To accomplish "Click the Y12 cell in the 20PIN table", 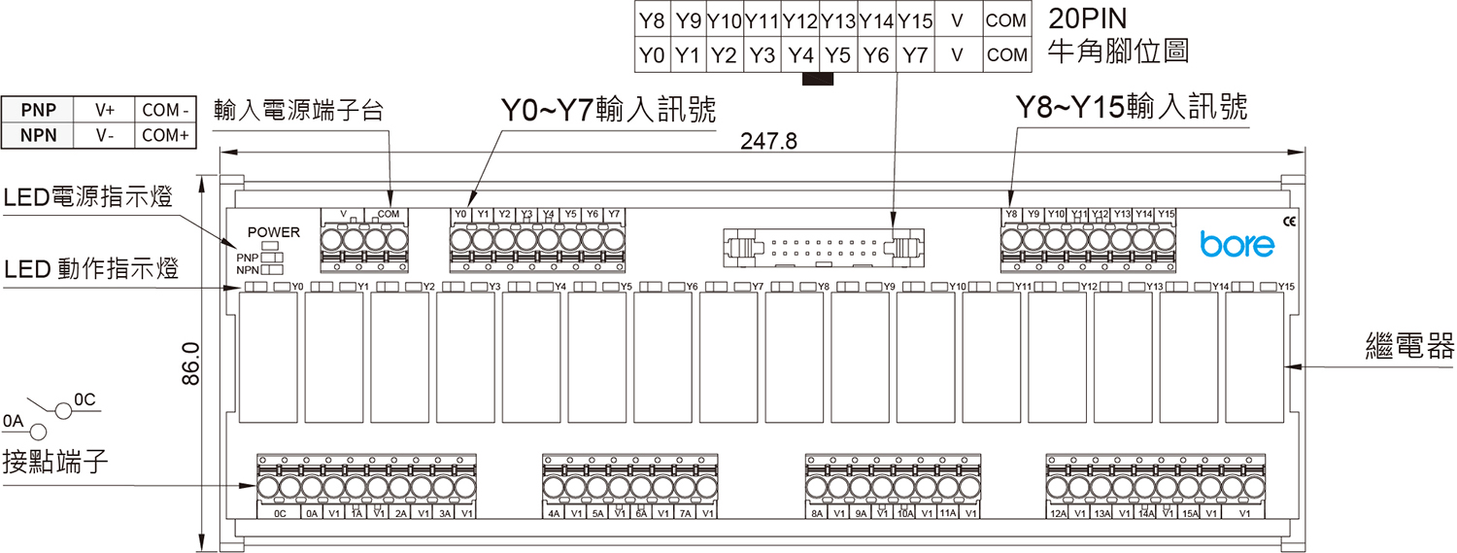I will (800, 19).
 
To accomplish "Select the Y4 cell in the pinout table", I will (800, 55).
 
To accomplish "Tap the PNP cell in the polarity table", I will (39, 110).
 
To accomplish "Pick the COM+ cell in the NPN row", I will (165, 135).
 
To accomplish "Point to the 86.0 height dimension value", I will (191, 363).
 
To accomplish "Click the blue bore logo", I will (1237, 244).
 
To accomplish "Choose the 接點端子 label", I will (54, 461).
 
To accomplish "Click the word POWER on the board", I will (274, 232).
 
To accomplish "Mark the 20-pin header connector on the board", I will (822, 247).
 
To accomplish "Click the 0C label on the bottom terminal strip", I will (279, 513).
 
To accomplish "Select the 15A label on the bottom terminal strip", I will (1189, 513).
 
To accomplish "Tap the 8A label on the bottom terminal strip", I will (817, 513).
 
